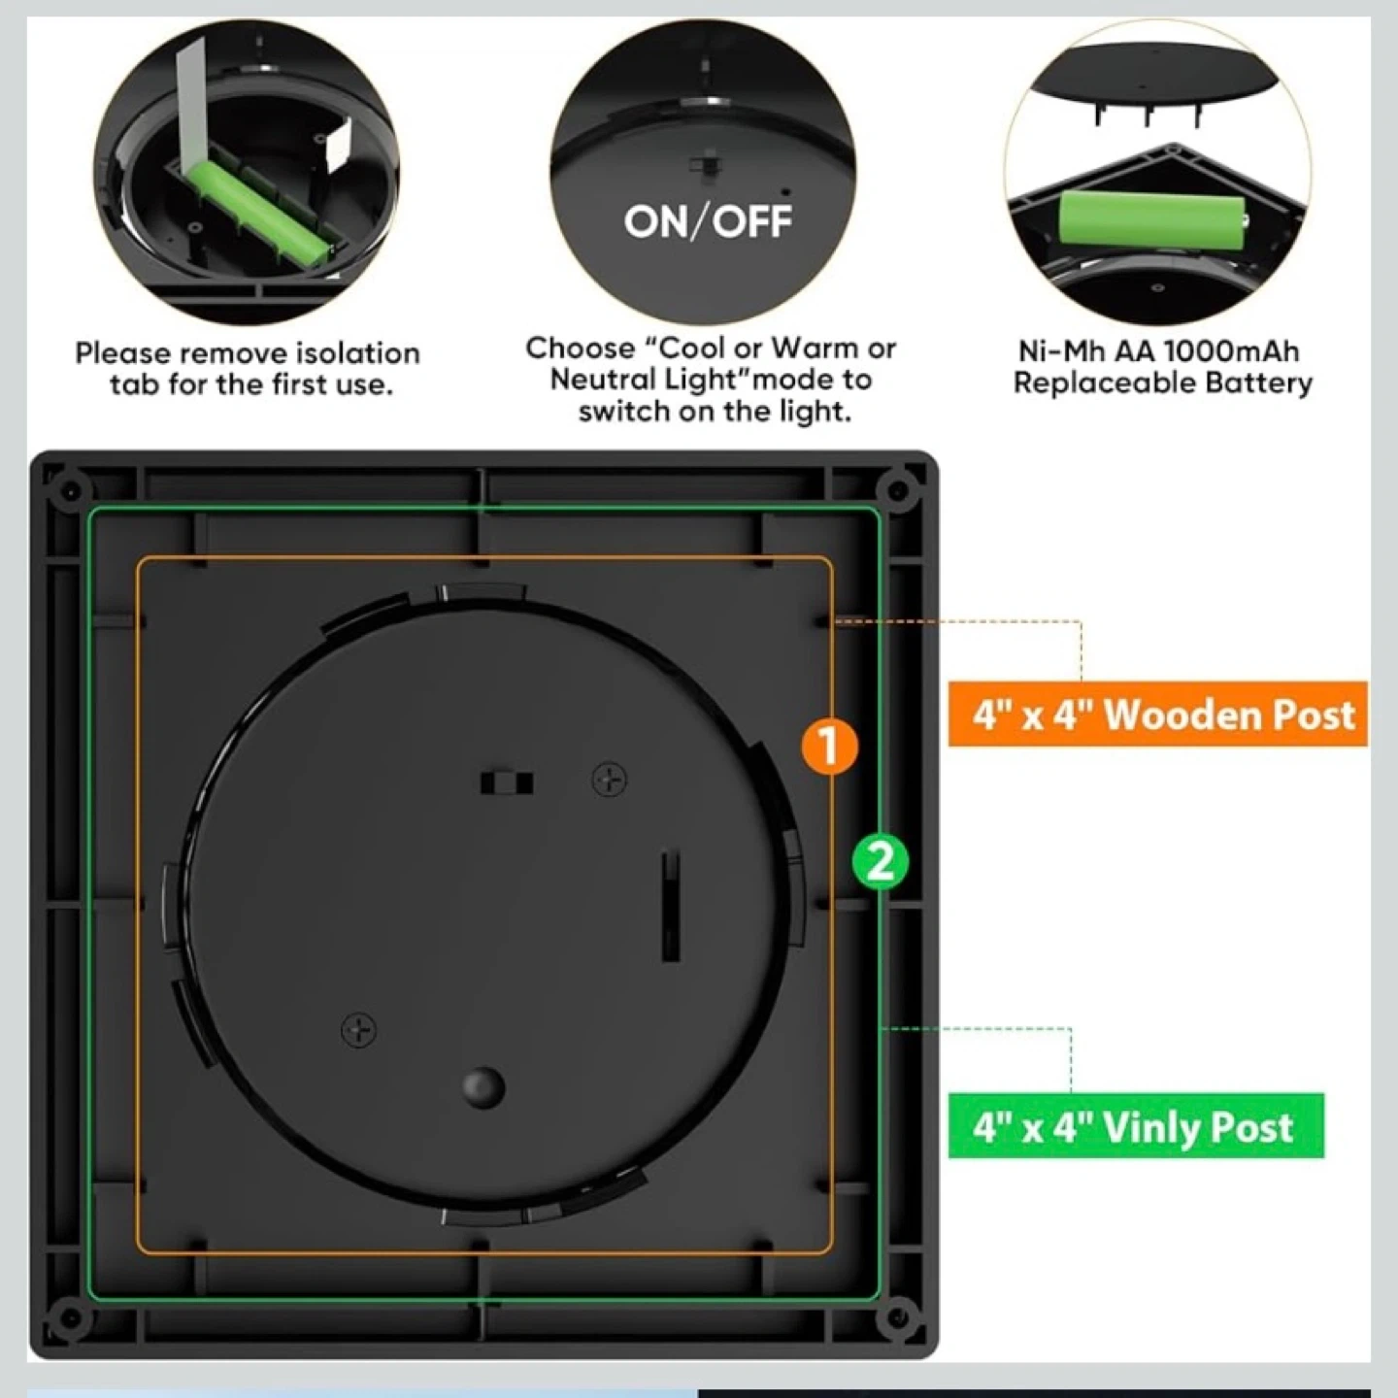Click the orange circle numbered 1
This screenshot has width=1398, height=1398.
tap(829, 745)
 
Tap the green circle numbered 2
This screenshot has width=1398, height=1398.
tap(880, 862)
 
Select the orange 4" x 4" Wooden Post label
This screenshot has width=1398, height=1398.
tap(1158, 714)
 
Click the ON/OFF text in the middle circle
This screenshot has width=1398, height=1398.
tap(708, 221)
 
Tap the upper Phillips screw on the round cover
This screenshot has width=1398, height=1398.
tap(610, 781)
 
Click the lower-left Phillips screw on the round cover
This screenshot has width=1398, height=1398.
tap(359, 1030)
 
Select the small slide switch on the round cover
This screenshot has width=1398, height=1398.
tap(507, 783)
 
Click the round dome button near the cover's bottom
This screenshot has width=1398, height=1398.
tap(483, 1086)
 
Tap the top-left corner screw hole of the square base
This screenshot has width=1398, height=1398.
tap(70, 490)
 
